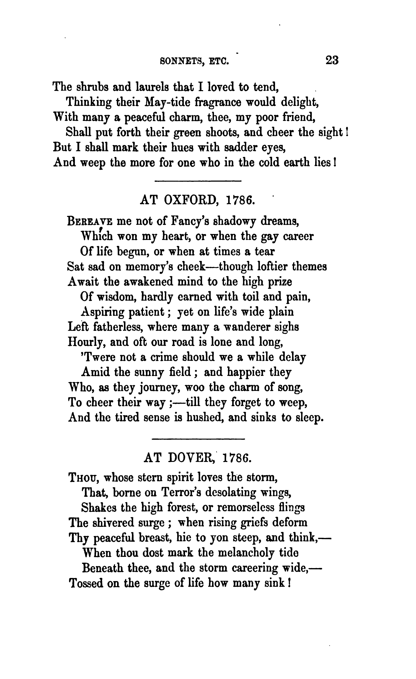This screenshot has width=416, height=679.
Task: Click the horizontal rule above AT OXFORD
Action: click(x=198, y=181)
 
